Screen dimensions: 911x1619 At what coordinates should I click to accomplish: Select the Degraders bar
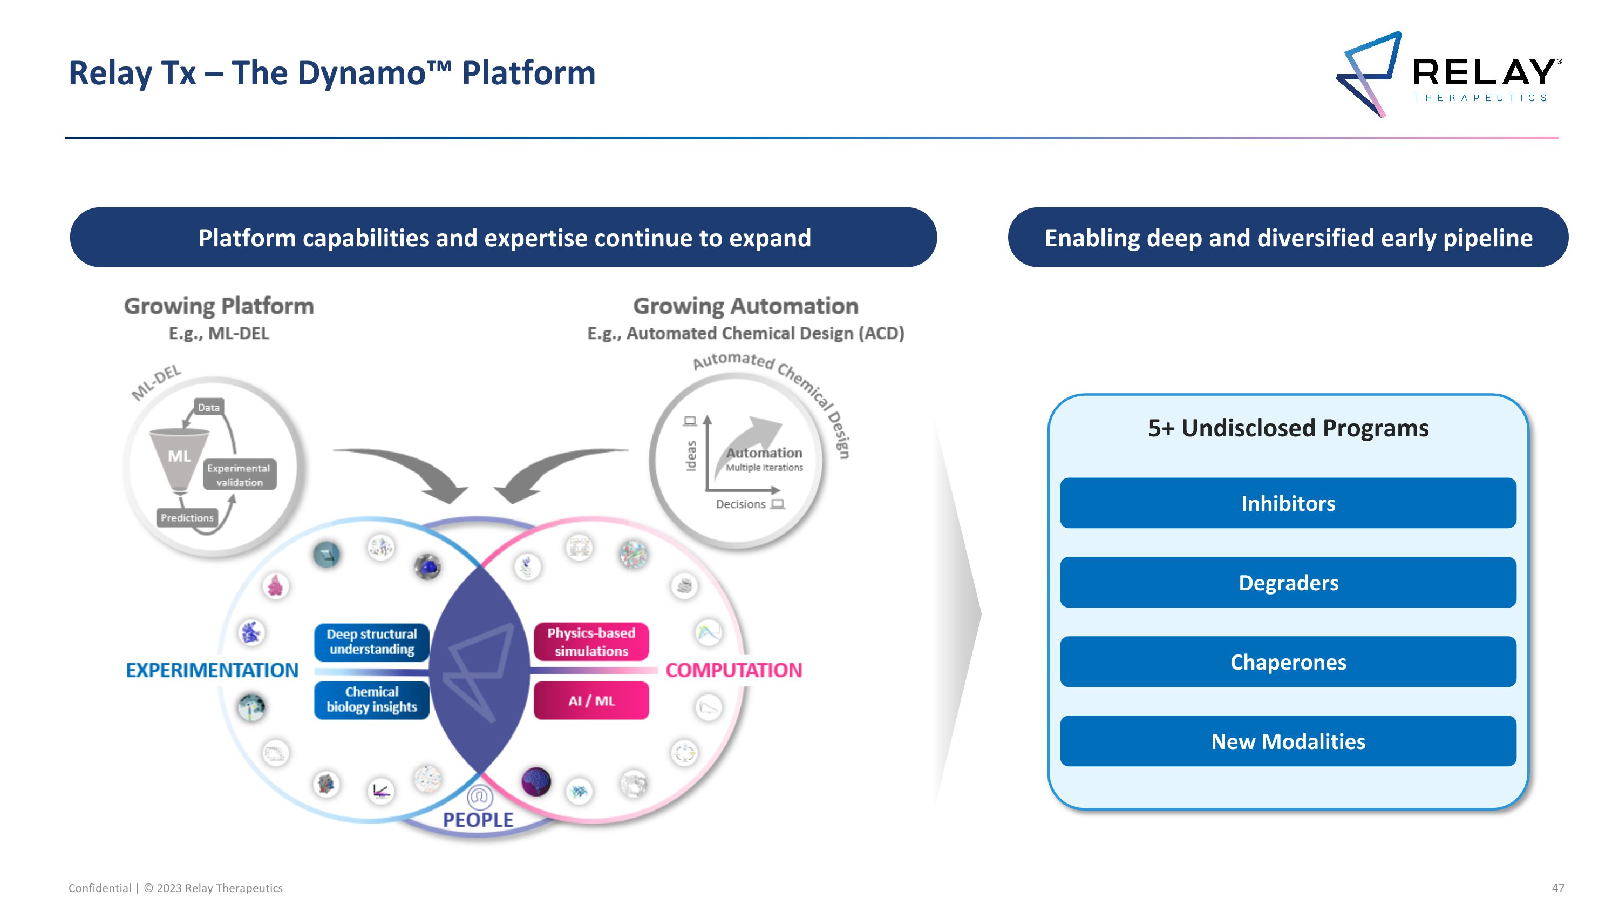coord(1288,582)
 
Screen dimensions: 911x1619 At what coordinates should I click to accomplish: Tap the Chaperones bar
coord(1288,662)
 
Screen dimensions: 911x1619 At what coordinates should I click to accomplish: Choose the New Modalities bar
coord(1288,741)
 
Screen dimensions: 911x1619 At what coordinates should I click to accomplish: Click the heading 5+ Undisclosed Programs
coord(1288,428)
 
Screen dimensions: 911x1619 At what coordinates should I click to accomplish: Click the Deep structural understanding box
coord(371,642)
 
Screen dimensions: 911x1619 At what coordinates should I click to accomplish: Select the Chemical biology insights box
coord(371,700)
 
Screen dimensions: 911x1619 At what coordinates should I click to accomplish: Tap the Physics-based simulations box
coord(591,642)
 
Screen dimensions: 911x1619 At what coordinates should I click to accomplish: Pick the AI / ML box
coord(591,700)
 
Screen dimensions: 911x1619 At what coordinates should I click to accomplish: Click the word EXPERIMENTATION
coord(212,670)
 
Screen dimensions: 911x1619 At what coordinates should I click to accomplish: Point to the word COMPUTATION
coord(733,670)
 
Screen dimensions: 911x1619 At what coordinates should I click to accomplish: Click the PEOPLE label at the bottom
coord(478,820)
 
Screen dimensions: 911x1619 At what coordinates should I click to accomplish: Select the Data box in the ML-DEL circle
coord(209,407)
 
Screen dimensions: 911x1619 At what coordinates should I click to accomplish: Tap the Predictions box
coord(187,517)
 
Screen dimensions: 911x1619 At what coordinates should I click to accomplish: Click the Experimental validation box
coord(239,475)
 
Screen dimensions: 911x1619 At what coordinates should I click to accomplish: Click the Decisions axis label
coord(740,504)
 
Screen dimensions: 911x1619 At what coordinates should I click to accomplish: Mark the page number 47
coord(1557,888)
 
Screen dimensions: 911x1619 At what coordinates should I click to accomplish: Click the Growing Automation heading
coord(745,306)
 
